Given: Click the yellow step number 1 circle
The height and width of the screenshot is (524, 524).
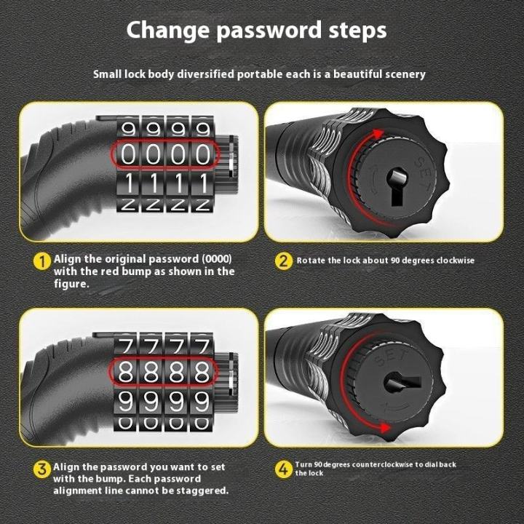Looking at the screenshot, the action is point(41,261).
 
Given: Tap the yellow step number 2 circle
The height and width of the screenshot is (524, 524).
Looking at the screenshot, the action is point(283,261).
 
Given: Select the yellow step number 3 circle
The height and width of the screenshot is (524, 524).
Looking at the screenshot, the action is point(41,469).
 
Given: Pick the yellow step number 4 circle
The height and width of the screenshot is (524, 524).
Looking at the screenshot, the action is point(283,469).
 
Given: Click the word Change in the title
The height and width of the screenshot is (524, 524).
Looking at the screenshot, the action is point(169,31).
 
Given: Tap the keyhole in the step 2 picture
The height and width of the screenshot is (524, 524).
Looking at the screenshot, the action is point(397,186).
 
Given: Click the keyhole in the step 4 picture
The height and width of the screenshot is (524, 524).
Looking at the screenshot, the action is point(402,383).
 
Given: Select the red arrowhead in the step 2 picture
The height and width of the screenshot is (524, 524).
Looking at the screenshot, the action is point(378,135).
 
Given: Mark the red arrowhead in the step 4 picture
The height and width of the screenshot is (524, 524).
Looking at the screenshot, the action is point(385,428).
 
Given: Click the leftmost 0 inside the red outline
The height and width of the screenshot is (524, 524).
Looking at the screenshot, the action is point(128,155).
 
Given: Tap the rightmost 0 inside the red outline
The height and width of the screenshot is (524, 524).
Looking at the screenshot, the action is point(203,155).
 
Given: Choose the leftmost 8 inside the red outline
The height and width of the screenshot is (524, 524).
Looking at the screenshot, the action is point(126,372).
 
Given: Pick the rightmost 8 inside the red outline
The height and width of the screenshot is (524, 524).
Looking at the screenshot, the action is point(202,372).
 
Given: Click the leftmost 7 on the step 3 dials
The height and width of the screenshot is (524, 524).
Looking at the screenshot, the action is point(126,346).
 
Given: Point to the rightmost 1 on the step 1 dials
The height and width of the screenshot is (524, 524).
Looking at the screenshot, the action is point(204,183).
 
